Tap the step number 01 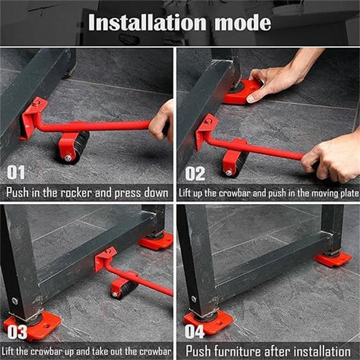16,173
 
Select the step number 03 16,332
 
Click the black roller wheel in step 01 73,148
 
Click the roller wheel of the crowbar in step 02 235,164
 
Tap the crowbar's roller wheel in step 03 123,287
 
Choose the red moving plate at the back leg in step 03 155,242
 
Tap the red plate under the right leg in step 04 333,259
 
